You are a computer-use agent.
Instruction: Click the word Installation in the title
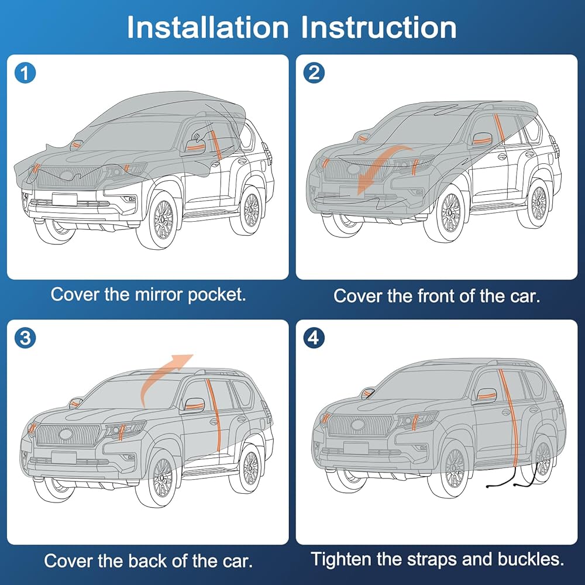[x=208, y=27]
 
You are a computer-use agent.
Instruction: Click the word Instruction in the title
[x=378, y=27]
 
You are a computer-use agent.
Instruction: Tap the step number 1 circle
[x=25, y=73]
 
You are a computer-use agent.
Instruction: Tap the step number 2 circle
[x=314, y=73]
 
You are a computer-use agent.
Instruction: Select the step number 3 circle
[x=25, y=338]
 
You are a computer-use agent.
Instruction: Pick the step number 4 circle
[x=314, y=338]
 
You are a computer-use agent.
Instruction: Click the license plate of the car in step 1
[x=64, y=199]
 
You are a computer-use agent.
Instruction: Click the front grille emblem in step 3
[x=66, y=434]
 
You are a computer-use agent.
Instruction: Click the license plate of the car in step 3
[x=64, y=457]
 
